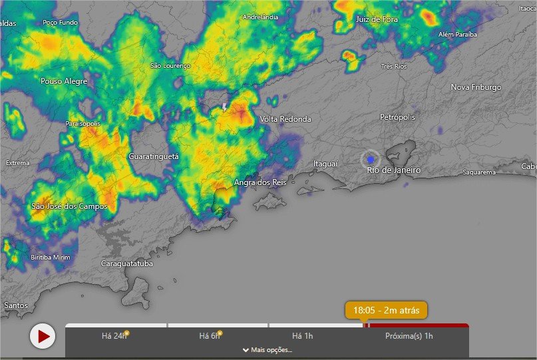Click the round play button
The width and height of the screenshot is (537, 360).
[x=43, y=336]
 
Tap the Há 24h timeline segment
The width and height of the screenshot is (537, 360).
[x=115, y=336]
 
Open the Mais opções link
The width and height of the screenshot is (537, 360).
[x=267, y=350]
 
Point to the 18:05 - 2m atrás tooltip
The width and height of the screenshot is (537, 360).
[x=386, y=310]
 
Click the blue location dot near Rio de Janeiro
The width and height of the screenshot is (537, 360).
[x=371, y=160]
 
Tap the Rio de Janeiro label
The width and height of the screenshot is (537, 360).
[x=394, y=170]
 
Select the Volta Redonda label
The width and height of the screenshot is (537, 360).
[x=285, y=119]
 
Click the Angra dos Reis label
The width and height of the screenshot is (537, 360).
[x=260, y=182]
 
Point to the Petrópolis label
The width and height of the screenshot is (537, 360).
[x=397, y=117]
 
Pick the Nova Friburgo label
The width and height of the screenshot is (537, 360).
[x=476, y=87]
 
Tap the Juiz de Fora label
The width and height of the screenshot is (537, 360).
[x=377, y=19]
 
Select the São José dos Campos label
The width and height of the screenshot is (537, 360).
[x=69, y=206]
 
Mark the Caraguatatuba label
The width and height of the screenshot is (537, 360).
[x=126, y=264]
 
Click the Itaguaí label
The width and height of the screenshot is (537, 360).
[x=326, y=164]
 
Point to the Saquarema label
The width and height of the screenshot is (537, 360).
[x=479, y=172]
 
